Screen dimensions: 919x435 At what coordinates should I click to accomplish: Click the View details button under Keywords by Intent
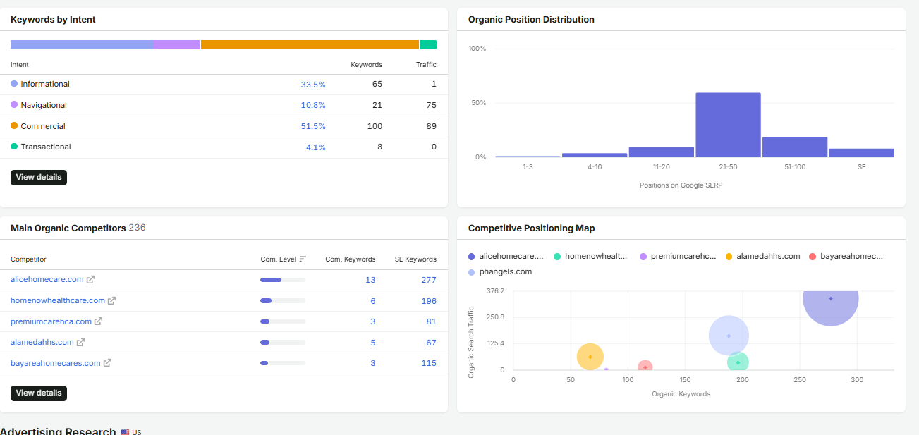point(39,178)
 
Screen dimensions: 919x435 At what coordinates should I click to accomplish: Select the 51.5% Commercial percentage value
point(313,126)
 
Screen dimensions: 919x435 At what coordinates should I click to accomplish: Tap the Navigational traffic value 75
point(431,105)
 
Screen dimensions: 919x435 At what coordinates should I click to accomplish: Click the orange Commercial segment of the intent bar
point(310,44)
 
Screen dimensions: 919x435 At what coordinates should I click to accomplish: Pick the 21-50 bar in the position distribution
point(729,125)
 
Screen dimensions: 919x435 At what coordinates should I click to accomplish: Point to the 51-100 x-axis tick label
point(795,167)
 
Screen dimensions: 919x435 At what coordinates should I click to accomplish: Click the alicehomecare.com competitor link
point(47,279)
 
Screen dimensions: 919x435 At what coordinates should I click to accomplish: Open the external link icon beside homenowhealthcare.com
point(111,300)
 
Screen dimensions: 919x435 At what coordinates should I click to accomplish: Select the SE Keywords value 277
point(429,280)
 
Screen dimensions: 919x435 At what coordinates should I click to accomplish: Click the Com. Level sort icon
point(303,259)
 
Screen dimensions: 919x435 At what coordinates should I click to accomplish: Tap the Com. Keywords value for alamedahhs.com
point(373,343)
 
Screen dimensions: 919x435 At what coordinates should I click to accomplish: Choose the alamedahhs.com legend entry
point(762,256)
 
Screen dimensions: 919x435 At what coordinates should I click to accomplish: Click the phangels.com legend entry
point(500,272)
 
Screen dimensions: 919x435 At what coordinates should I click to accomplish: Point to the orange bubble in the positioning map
point(590,357)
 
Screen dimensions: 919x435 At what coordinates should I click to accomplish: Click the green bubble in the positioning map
point(738,362)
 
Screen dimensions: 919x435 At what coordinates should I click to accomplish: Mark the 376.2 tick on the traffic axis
point(495,291)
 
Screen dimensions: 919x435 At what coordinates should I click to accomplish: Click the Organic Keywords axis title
point(681,394)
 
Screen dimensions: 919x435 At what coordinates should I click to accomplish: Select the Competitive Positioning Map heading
point(531,228)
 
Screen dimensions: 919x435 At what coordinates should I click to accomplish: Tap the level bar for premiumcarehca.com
point(283,321)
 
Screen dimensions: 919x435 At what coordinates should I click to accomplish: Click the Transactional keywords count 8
point(379,147)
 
